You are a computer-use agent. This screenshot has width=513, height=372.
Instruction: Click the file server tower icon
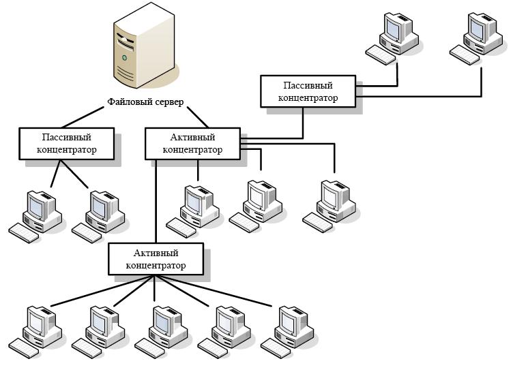pyautogui.click(x=145, y=46)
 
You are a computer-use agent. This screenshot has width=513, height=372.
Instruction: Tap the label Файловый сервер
pyautogui.click(x=145, y=102)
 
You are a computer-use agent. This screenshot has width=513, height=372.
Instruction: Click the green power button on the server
pyautogui.click(x=124, y=58)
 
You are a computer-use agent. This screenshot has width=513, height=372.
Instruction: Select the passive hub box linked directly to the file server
pyautogui.click(x=67, y=144)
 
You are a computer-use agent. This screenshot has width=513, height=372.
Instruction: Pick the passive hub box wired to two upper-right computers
pyautogui.click(x=308, y=91)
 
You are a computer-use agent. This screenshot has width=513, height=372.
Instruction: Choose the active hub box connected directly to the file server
pyautogui.click(x=192, y=144)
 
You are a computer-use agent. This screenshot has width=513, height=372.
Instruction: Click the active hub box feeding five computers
pyautogui.click(x=156, y=259)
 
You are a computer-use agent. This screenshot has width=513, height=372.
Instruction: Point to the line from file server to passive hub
pyautogui.click(x=83, y=117)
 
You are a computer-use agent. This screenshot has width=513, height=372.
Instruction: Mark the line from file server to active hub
pyautogui.click(x=198, y=117)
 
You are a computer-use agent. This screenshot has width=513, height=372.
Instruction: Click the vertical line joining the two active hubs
pyautogui.click(x=156, y=202)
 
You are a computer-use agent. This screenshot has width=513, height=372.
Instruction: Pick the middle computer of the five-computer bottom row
pyautogui.click(x=162, y=332)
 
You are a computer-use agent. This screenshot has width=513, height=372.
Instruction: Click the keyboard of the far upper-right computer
pyautogui.click(x=465, y=55)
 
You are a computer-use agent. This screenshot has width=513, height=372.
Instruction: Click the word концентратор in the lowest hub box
pyautogui.click(x=156, y=266)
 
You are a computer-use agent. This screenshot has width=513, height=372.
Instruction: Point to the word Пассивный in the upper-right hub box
pyautogui.click(x=308, y=85)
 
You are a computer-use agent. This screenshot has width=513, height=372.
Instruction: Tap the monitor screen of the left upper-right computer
pyautogui.click(x=393, y=29)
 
